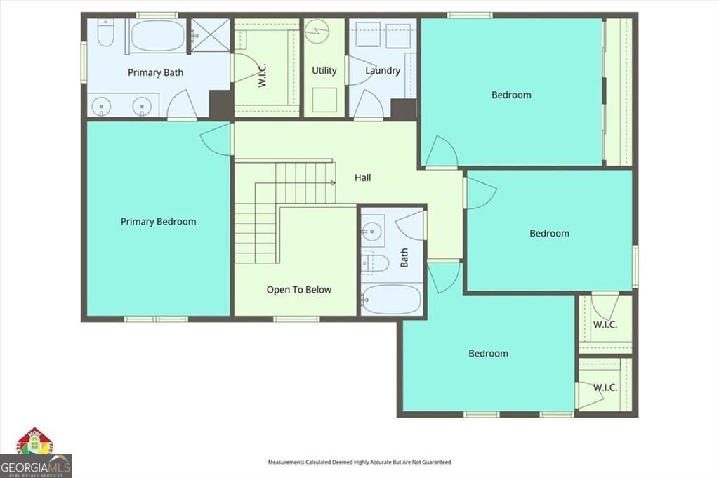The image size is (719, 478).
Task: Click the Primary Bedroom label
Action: tap(158, 221)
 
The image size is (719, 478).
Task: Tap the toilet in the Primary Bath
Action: tap(105, 32)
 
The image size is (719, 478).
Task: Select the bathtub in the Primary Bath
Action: tap(158, 35)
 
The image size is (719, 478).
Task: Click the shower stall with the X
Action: tap(210, 35)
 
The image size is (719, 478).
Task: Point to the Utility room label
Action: tap(324, 71)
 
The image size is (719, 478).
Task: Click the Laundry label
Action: tap(383, 71)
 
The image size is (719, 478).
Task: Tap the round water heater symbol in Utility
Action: tap(317, 32)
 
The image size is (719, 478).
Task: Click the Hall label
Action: tap(363, 178)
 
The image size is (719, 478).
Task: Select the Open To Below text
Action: tap(299, 290)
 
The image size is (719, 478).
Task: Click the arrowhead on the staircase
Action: tap(333, 183)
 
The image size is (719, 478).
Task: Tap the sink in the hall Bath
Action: tap(372, 232)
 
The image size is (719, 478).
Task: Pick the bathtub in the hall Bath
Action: tap(391, 299)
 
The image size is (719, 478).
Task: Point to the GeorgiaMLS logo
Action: tap(36, 453)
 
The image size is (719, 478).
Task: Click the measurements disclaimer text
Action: tap(359, 462)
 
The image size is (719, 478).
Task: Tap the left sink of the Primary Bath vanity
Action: tap(101, 107)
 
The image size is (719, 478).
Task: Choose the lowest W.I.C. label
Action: tap(605, 387)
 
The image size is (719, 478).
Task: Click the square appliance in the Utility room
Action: tap(324, 100)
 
